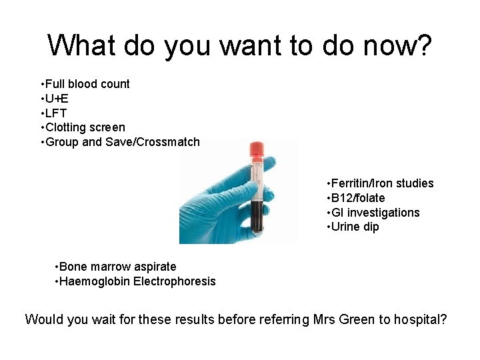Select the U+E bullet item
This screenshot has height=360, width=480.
click(57, 99)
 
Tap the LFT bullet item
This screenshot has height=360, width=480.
click(56, 113)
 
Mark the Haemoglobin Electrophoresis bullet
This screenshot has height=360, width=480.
click(137, 281)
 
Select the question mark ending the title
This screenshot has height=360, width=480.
click(423, 46)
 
